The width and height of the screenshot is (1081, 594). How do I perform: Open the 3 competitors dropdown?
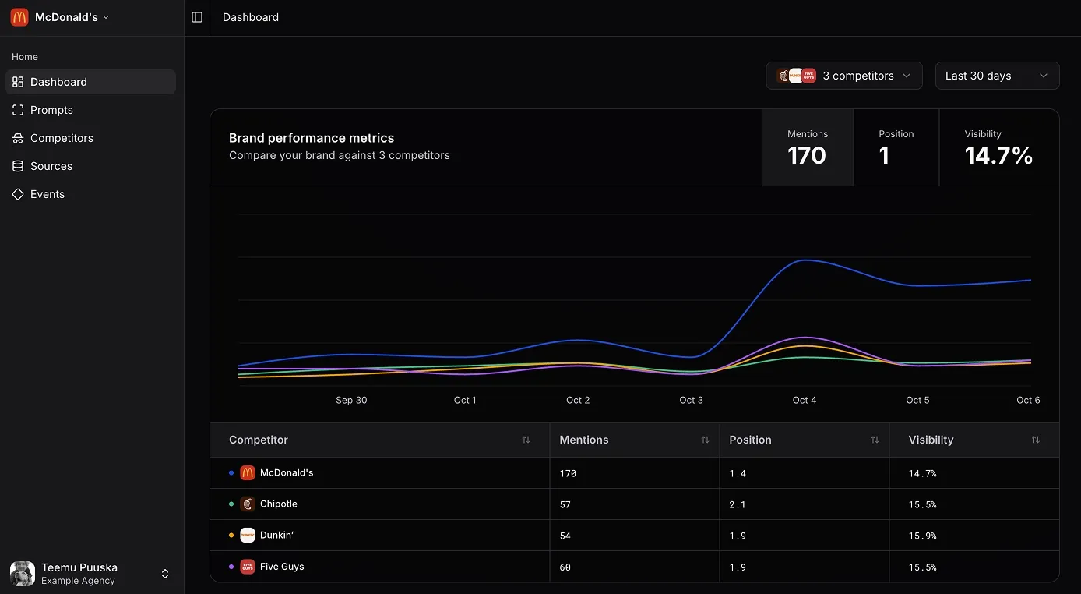point(844,76)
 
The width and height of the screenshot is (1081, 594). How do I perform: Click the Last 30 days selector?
point(997,76)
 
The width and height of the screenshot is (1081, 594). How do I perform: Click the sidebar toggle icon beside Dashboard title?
point(197,17)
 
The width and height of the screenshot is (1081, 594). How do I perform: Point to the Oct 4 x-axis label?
point(804,401)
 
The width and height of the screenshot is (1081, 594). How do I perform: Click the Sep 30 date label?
point(351,401)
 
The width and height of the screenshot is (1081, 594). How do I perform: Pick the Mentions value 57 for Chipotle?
point(565,504)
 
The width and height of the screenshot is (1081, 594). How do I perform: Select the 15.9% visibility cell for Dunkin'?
point(922,536)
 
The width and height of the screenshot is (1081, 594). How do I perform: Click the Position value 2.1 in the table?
point(738,504)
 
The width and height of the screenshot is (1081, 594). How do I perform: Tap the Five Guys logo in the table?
point(248,567)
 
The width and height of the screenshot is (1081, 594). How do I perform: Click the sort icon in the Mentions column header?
point(705,440)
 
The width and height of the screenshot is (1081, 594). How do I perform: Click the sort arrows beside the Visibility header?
point(1036,440)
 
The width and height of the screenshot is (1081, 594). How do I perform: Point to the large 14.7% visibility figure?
point(998,155)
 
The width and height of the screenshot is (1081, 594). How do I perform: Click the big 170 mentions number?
point(806,155)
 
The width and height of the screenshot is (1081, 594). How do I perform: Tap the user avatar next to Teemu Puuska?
point(23,574)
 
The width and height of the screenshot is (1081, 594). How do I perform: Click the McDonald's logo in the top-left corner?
point(19,17)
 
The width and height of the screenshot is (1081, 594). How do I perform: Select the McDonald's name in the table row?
point(287,473)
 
